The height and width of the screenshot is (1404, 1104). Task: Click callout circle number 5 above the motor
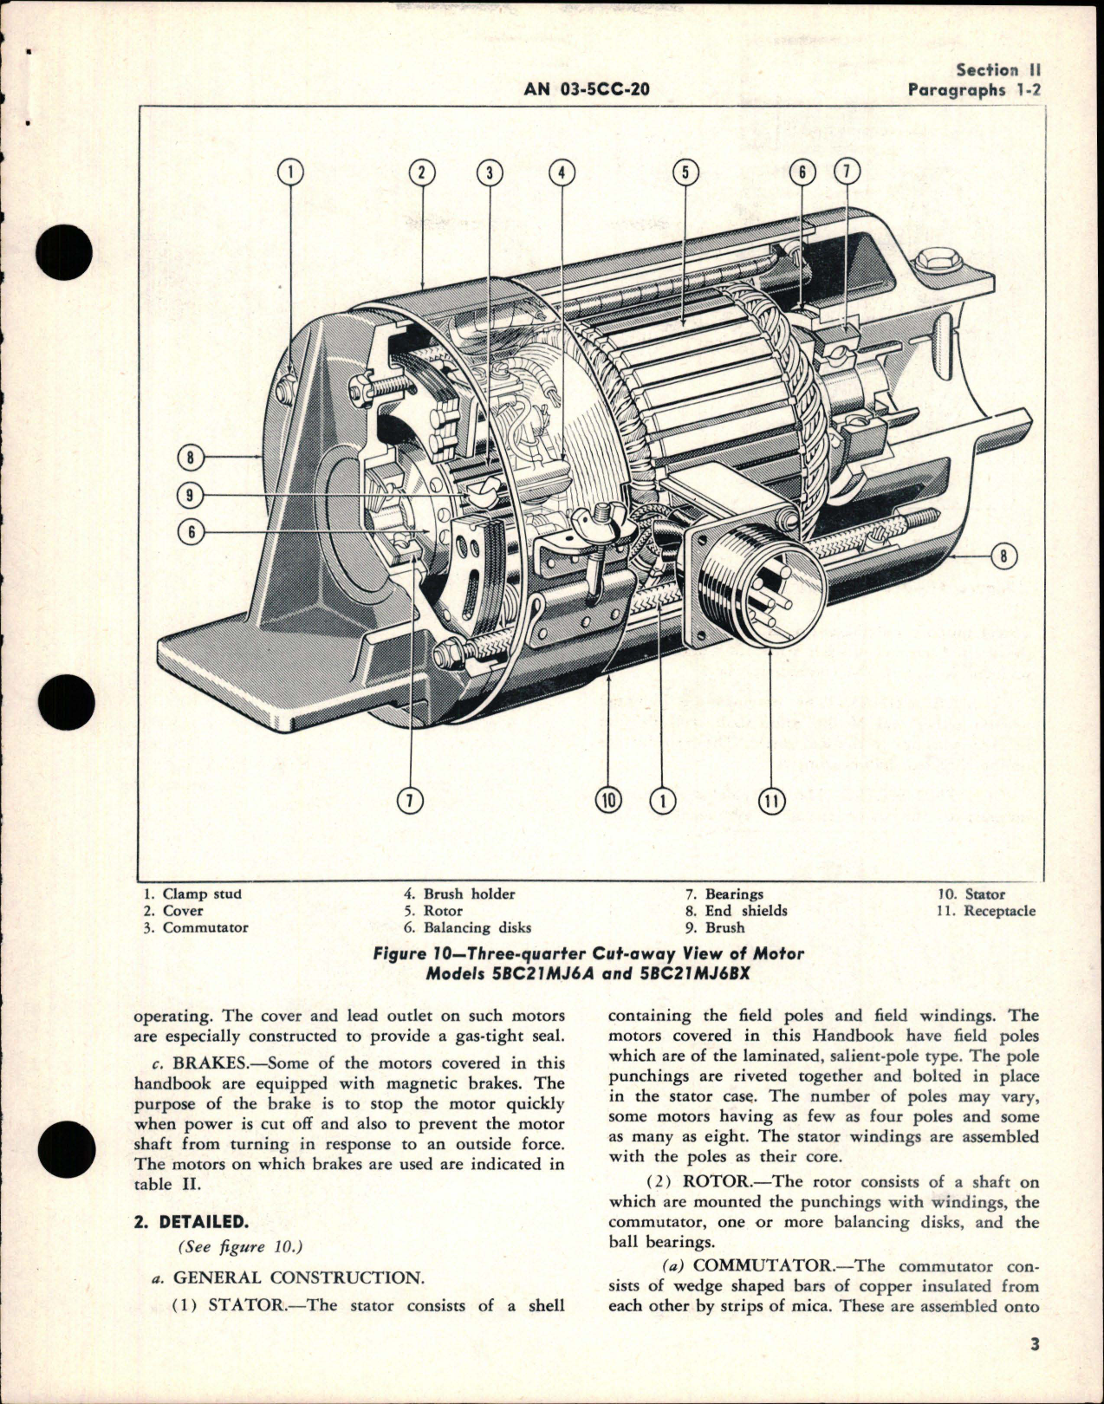685,172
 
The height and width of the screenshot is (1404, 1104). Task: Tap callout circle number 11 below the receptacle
770,801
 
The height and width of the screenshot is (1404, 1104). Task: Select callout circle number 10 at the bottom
609,800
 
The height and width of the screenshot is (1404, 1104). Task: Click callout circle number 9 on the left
190,496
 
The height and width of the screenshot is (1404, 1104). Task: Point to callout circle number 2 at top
421,172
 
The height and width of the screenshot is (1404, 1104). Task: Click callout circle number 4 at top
562,172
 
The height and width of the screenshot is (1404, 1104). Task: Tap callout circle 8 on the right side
1003,556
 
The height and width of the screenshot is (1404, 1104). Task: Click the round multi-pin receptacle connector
763,583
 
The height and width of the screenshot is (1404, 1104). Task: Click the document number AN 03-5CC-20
587,89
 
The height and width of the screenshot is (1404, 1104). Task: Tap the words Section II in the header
998,70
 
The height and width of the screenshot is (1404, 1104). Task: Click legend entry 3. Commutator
196,927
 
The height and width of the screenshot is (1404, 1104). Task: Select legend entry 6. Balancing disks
467,927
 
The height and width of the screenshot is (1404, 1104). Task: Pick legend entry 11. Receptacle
986,910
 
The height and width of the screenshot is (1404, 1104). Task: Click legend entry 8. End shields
737,910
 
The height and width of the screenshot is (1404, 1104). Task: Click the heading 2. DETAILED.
192,1222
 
